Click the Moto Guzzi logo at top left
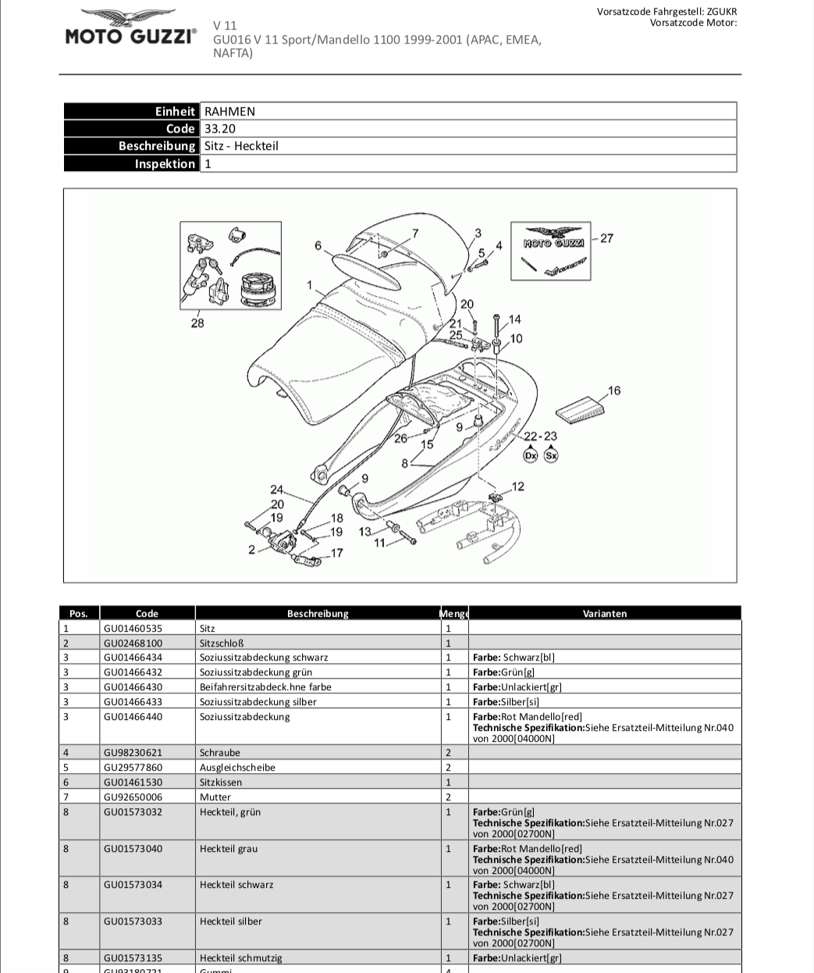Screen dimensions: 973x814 coord(130,28)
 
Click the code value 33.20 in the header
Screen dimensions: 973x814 coord(220,129)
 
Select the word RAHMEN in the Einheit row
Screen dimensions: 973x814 coord(229,112)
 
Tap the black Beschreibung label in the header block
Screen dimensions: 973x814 coord(156,146)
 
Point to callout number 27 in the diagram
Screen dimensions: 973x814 coord(606,238)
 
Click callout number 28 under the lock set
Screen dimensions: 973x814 coord(197,323)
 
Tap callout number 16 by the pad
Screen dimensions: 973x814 coord(614,390)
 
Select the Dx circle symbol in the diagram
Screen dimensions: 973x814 coord(531,454)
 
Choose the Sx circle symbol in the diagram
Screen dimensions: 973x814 coord(551,454)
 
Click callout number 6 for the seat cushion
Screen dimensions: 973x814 coord(318,246)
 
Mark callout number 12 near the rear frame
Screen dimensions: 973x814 coord(517,486)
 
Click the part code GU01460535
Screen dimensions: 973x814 coord(133,628)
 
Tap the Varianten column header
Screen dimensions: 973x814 coord(604,614)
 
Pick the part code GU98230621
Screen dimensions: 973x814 coord(133,753)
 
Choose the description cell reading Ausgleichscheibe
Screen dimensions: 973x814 coord(237,768)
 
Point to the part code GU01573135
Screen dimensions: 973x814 coord(133,958)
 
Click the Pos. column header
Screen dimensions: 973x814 coord(79,614)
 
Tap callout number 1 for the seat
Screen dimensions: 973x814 coord(310,285)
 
